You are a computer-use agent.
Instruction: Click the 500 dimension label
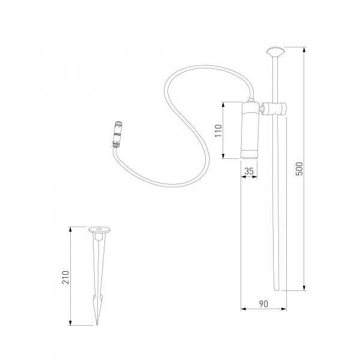[x=299, y=169]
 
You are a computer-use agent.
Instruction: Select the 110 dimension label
[x=218, y=131]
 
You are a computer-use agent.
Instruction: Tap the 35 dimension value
[x=249, y=171]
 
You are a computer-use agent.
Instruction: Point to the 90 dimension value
[x=263, y=304]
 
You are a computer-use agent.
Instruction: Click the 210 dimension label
[x=65, y=277]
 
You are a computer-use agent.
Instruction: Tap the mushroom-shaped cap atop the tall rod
[x=275, y=52]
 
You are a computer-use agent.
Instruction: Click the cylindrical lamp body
[x=250, y=130]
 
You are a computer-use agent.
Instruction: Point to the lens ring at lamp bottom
[x=249, y=154]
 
